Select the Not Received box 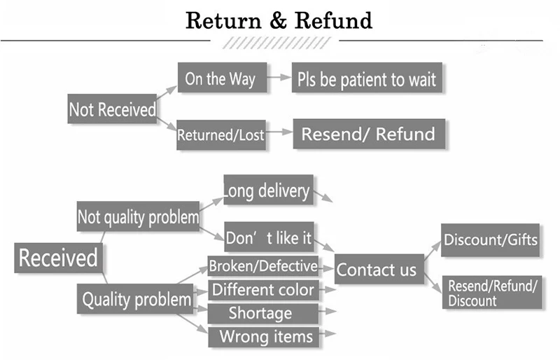(112, 109)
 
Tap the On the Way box (220, 78)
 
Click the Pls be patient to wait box (367, 78)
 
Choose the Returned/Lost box (221, 134)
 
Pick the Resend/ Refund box (368, 134)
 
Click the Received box (58, 258)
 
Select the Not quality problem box (138, 217)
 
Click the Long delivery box (268, 190)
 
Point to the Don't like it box (268, 238)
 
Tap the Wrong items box (263, 336)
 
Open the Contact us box (378, 269)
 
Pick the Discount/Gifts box (491, 240)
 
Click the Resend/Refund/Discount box (493, 293)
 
